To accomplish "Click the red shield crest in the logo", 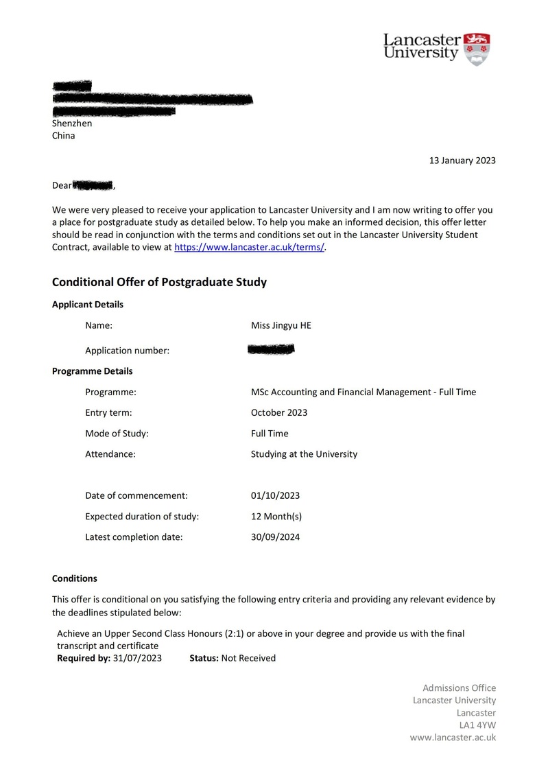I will (x=477, y=48).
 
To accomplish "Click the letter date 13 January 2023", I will (x=462, y=161).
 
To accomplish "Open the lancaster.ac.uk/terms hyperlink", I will (x=249, y=247).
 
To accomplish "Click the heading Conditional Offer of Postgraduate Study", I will (x=159, y=282).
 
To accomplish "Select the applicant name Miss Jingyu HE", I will (x=281, y=325).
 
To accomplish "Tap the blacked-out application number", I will (x=270, y=350).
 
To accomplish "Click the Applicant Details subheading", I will (x=88, y=305).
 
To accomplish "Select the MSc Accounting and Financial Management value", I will (x=364, y=392).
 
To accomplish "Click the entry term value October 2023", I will (x=279, y=413).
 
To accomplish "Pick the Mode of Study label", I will (x=117, y=434).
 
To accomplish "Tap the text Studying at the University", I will (x=304, y=454).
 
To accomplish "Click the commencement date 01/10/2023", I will (x=275, y=495).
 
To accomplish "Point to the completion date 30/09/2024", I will (x=275, y=537).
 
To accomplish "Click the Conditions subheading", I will (x=75, y=578).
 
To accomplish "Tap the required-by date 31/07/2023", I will (x=137, y=658).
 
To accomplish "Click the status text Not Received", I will (x=248, y=658).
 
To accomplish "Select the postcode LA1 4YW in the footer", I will (x=477, y=725).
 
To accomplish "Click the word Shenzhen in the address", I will (x=72, y=124).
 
